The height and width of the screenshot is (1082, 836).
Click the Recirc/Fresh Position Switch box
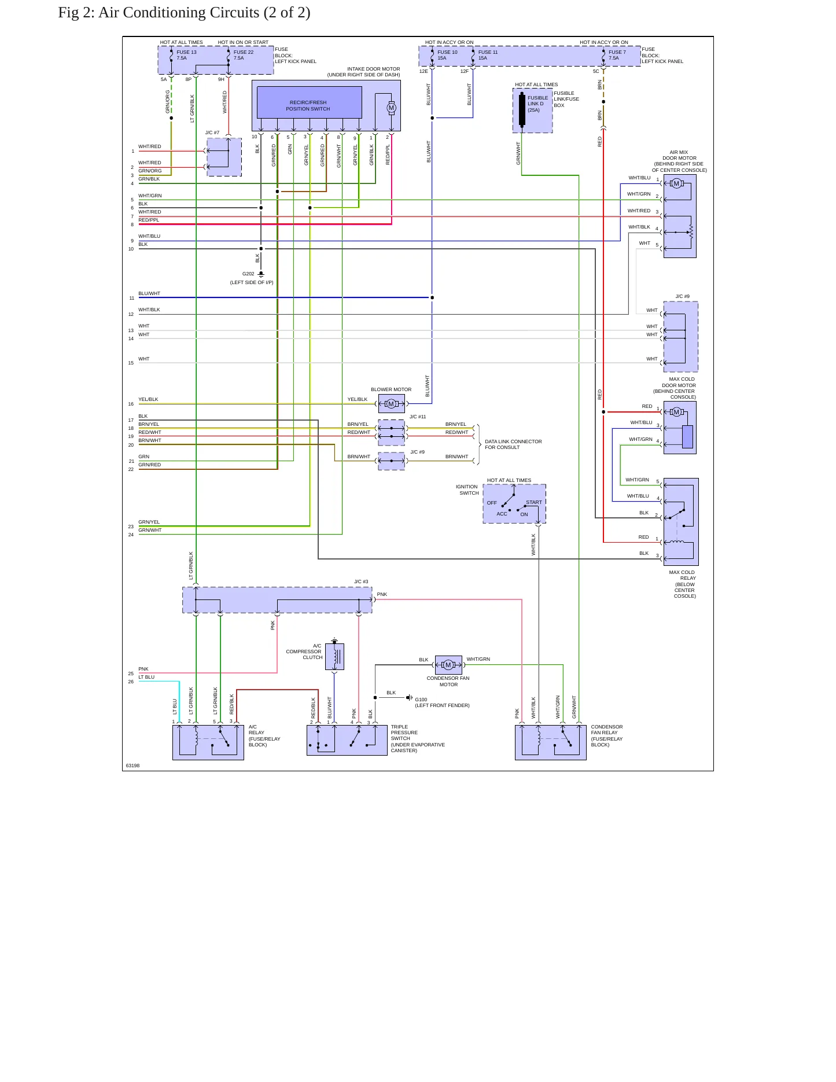pyautogui.click(x=309, y=102)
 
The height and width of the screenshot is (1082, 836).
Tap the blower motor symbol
pyautogui.click(x=392, y=404)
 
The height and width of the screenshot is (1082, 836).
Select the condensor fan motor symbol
pyautogui.click(x=448, y=665)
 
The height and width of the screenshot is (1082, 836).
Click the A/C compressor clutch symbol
pyautogui.click(x=335, y=657)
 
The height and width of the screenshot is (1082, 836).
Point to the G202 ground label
pyautogui.click(x=248, y=274)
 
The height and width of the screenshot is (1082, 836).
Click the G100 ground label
pyautogui.click(x=421, y=700)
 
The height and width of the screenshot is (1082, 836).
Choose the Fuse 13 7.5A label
pyautogui.click(x=186, y=55)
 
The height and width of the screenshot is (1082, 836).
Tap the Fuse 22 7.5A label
pyautogui.click(x=244, y=55)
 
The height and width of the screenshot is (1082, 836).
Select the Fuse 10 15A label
pyautogui.click(x=447, y=55)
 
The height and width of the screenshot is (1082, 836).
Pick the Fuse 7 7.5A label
pyautogui.click(x=617, y=55)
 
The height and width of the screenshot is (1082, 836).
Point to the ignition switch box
pyautogui.click(x=514, y=504)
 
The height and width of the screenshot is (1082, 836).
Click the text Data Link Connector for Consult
pyautogui.click(x=513, y=444)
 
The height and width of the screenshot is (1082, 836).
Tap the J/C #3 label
pyautogui.click(x=361, y=582)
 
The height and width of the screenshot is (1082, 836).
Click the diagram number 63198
pyautogui.click(x=132, y=766)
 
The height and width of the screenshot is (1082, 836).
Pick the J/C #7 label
pyautogui.click(x=212, y=133)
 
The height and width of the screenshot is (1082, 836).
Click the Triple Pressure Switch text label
pyautogui.click(x=418, y=739)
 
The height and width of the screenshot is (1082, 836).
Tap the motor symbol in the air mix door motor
pyautogui.click(x=676, y=183)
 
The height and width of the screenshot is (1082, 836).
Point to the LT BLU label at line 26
pyautogui.click(x=146, y=677)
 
